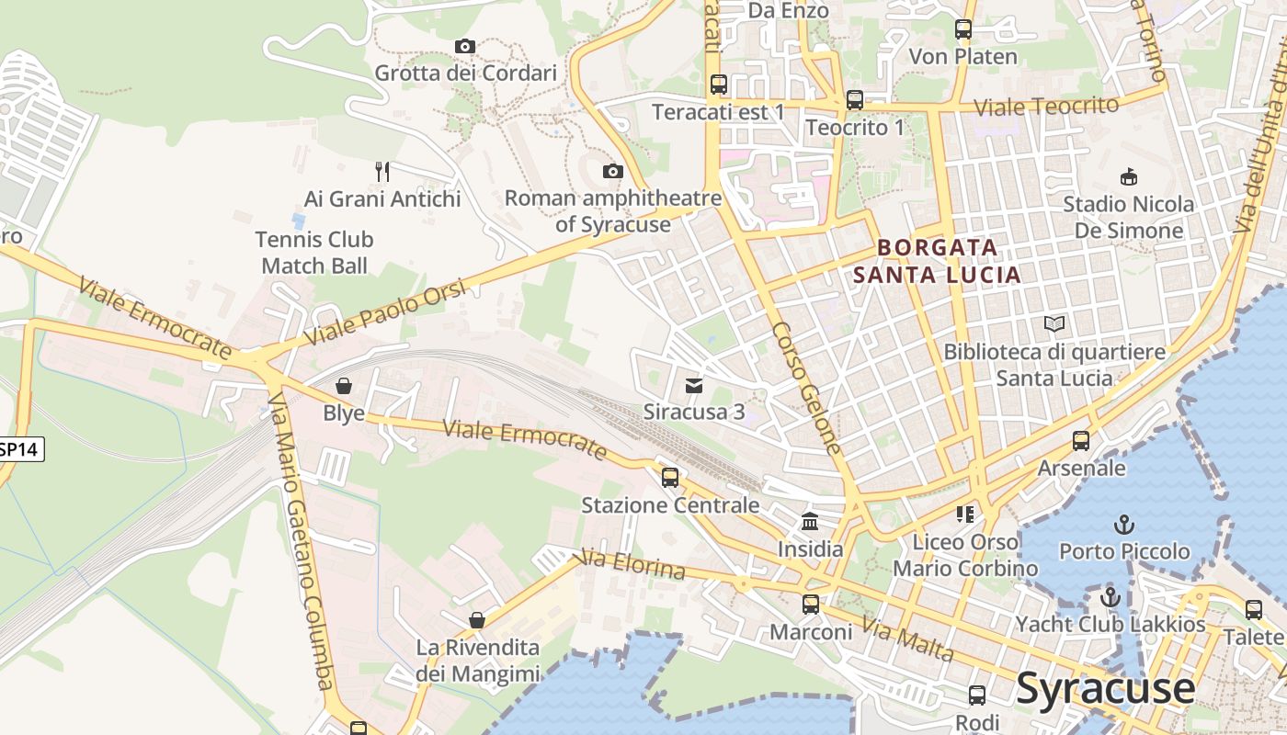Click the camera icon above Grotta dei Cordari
[465, 46]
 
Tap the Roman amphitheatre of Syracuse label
[613, 211]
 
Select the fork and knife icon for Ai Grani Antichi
[382, 171]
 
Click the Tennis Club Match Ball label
[314, 253]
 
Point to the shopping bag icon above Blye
[344, 386]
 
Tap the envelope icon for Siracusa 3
[694, 385]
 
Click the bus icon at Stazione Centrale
[670, 478]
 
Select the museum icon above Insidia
[810, 522]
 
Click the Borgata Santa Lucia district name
[937, 261]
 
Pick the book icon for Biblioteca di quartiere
[1054, 324]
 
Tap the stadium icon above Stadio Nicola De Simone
[1128, 176]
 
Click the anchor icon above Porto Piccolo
[1123, 525]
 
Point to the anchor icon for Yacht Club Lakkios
[1110, 597]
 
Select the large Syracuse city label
[1105, 688]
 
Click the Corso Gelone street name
[806, 387]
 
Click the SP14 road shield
[18, 449]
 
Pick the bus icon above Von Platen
[963, 29]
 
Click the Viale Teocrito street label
[1046, 106]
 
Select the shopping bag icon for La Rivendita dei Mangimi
[476, 620]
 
